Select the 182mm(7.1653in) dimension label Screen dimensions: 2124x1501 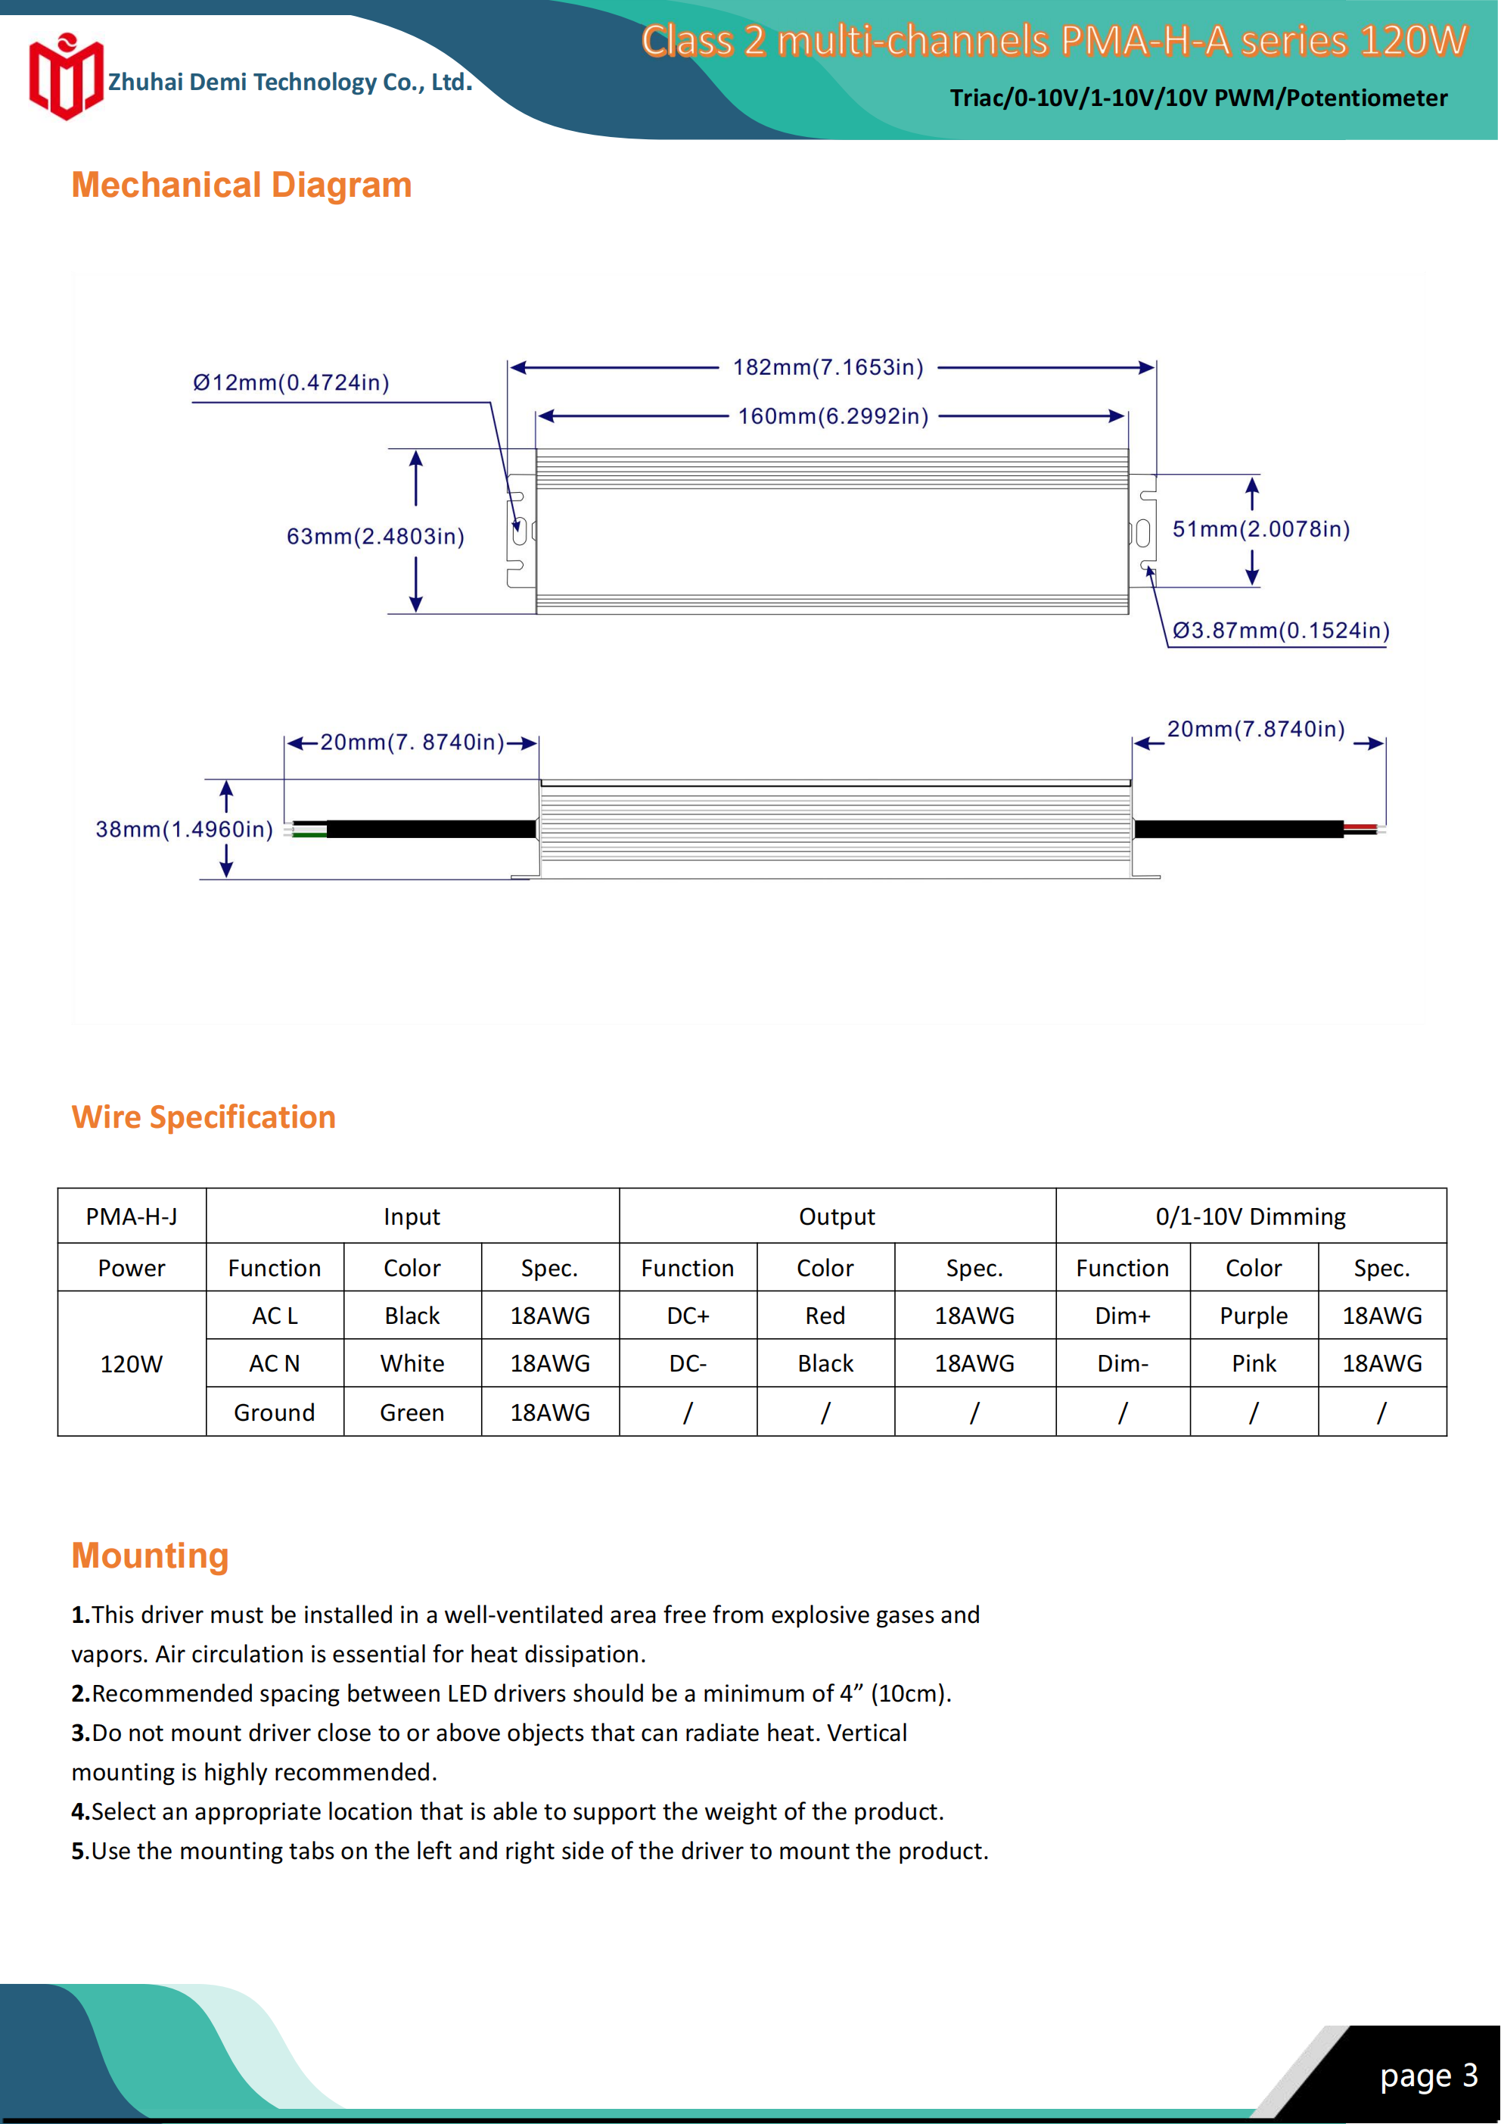pyautogui.click(x=828, y=367)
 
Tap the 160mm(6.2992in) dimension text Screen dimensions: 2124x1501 pyautogui.click(x=832, y=416)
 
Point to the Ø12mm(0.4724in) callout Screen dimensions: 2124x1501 pyautogui.click(x=291, y=383)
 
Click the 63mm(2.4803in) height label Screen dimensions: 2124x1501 pyautogui.click(x=374, y=537)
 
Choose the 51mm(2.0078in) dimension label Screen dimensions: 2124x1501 pyautogui.click(x=1260, y=529)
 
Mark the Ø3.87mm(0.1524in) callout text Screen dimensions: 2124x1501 pyautogui.click(x=1280, y=631)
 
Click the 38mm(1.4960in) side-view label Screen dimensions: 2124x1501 pyautogui.click(x=184, y=830)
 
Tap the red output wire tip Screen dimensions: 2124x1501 pyautogui.click(x=1360, y=826)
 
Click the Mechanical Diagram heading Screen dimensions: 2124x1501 pyautogui.click(x=241, y=185)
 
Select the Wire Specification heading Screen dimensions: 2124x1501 pyautogui.click(x=204, y=1117)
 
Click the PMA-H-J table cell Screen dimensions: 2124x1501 pyautogui.click(x=132, y=1216)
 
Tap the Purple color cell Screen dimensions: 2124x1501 pyautogui.click(x=1253, y=1316)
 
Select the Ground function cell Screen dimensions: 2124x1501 pyautogui.click(x=274, y=1412)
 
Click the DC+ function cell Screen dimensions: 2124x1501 pyautogui.click(x=687, y=1316)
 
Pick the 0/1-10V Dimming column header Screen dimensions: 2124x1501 pyautogui.click(x=1251, y=1216)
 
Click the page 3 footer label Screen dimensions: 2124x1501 pyautogui.click(x=1428, y=2076)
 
